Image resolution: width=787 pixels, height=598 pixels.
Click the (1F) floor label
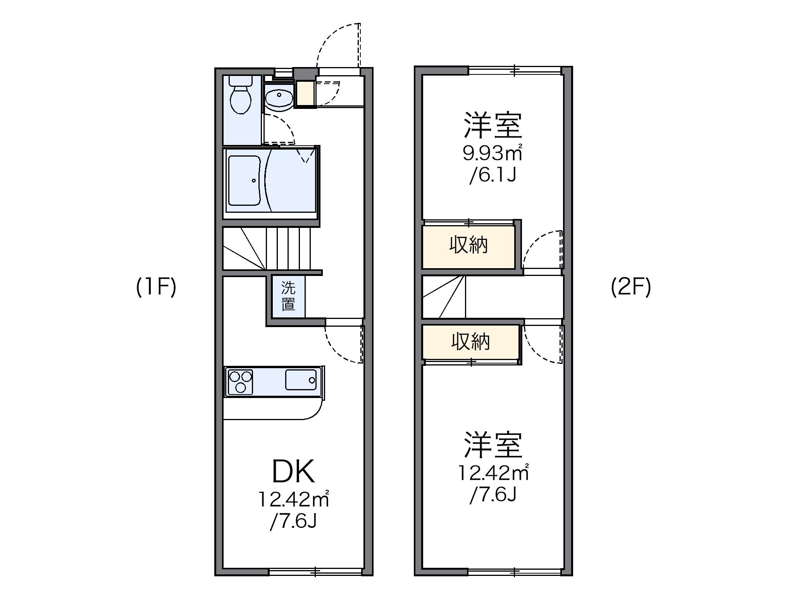[156, 287]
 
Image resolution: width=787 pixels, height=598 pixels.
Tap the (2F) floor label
[631, 287]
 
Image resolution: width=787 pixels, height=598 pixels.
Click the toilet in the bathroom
[240, 99]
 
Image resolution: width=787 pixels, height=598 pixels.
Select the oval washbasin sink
[279, 97]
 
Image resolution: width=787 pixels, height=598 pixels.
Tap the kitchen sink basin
[301, 380]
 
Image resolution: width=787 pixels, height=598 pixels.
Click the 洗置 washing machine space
[288, 296]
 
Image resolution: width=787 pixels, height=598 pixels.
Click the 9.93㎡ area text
[492, 153]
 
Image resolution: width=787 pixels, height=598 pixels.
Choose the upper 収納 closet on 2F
[468, 246]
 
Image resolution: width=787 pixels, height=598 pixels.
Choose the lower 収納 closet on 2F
[470, 342]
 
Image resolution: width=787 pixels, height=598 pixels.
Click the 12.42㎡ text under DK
[293, 499]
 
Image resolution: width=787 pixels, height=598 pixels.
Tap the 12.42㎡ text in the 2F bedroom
[493, 473]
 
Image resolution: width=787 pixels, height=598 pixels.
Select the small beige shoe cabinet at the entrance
[305, 94]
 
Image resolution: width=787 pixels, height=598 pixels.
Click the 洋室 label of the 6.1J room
[493, 126]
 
